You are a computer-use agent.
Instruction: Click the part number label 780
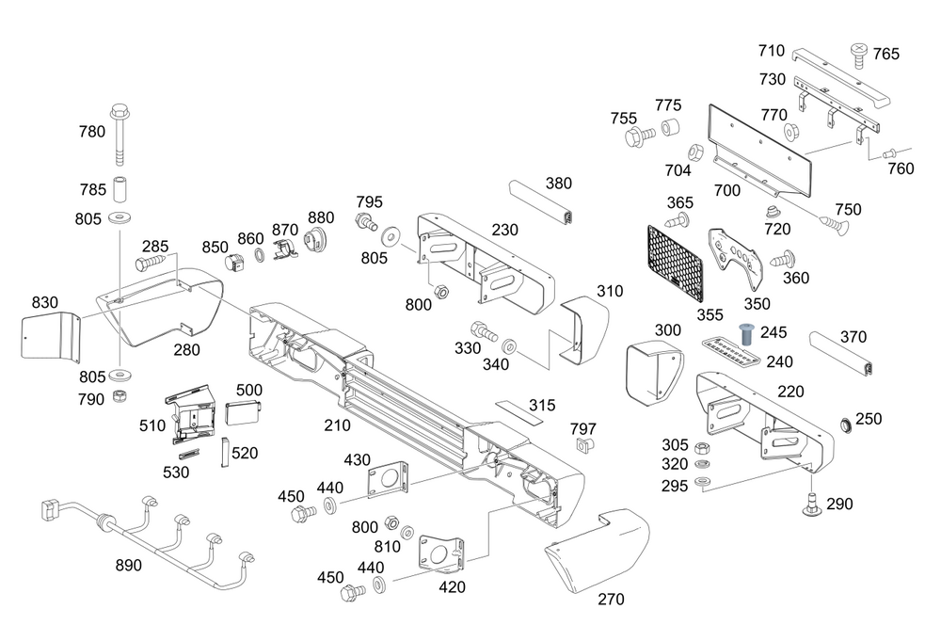(x=92, y=132)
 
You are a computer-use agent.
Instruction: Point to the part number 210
(x=338, y=425)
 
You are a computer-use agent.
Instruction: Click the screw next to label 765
(x=859, y=54)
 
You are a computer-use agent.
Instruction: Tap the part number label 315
(x=542, y=406)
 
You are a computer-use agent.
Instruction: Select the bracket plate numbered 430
(x=389, y=478)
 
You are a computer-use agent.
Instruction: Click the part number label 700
(x=727, y=189)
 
